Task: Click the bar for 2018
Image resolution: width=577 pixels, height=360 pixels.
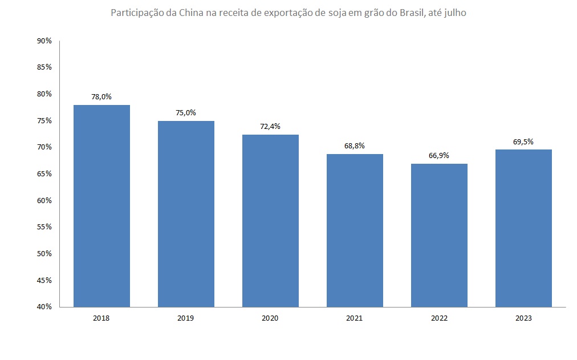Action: coord(102,206)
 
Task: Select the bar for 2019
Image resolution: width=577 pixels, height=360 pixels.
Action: coord(186,214)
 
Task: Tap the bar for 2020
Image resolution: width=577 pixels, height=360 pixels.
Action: coord(270,221)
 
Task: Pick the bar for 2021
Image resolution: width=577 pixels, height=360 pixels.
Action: coord(355,230)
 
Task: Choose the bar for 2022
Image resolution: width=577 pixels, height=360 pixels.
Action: coord(439,235)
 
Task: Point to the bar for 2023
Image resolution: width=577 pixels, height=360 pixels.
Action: coord(523,228)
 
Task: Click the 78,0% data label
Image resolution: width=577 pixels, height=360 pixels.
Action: coord(101,96)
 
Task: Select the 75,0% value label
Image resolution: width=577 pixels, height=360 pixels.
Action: coord(186,112)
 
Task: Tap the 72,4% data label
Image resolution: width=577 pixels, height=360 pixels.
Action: coord(270,126)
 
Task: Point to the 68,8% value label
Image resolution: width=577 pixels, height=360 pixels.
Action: coord(355,145)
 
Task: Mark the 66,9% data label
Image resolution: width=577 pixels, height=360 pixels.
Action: coord(439,155)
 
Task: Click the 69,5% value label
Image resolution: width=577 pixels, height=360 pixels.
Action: coord(523,141)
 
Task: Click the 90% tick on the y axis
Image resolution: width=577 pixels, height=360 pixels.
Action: coord(44,41)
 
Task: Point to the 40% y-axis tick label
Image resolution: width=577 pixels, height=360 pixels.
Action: coord(44,307)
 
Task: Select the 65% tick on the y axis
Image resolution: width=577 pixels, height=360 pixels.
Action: coord(44,173)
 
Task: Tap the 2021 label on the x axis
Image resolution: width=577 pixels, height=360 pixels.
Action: coord(355,318)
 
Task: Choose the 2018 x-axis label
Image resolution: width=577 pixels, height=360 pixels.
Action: coord(101,318)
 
